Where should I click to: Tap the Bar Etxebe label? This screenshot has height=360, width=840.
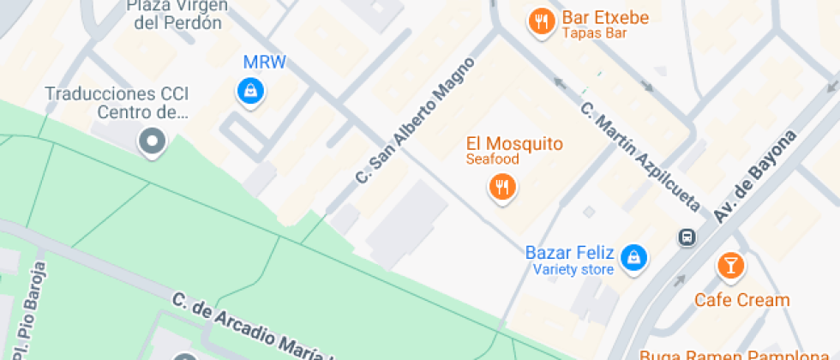pos(605,18)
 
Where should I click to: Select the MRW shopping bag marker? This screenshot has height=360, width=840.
pos(250,89)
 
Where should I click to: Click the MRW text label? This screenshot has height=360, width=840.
pos(265,62)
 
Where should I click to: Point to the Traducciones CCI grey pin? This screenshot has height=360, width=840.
pos(153,141)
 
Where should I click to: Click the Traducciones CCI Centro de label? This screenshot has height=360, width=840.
pos(117,103)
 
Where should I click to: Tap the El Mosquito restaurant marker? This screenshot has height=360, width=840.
pos(502,185)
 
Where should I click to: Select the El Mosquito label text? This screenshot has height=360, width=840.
pos(514,143)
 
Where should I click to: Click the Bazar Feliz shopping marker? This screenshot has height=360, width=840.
pos(633,255)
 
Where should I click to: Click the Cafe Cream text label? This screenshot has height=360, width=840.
pos(741,300)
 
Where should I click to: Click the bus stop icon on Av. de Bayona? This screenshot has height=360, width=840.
pos(687,237)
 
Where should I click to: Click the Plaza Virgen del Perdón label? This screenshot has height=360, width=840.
pos(178,15)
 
